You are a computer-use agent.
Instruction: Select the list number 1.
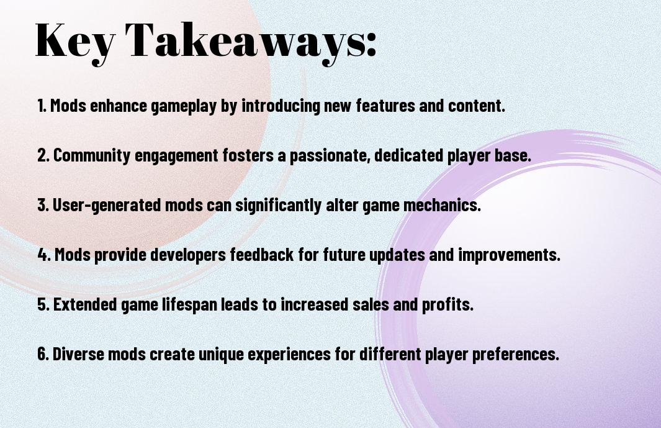[x=42, y=106]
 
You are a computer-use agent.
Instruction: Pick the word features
[x=385, y=106]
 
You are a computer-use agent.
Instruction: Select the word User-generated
[x=107, y=205]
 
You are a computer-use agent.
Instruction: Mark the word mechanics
[x=442, y=205]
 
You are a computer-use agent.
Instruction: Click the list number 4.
[x=44, y=255]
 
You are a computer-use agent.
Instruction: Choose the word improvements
[x=509, y=255]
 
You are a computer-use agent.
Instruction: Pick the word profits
[x=447, y=304]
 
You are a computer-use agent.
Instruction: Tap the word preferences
[x=516, y=354]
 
